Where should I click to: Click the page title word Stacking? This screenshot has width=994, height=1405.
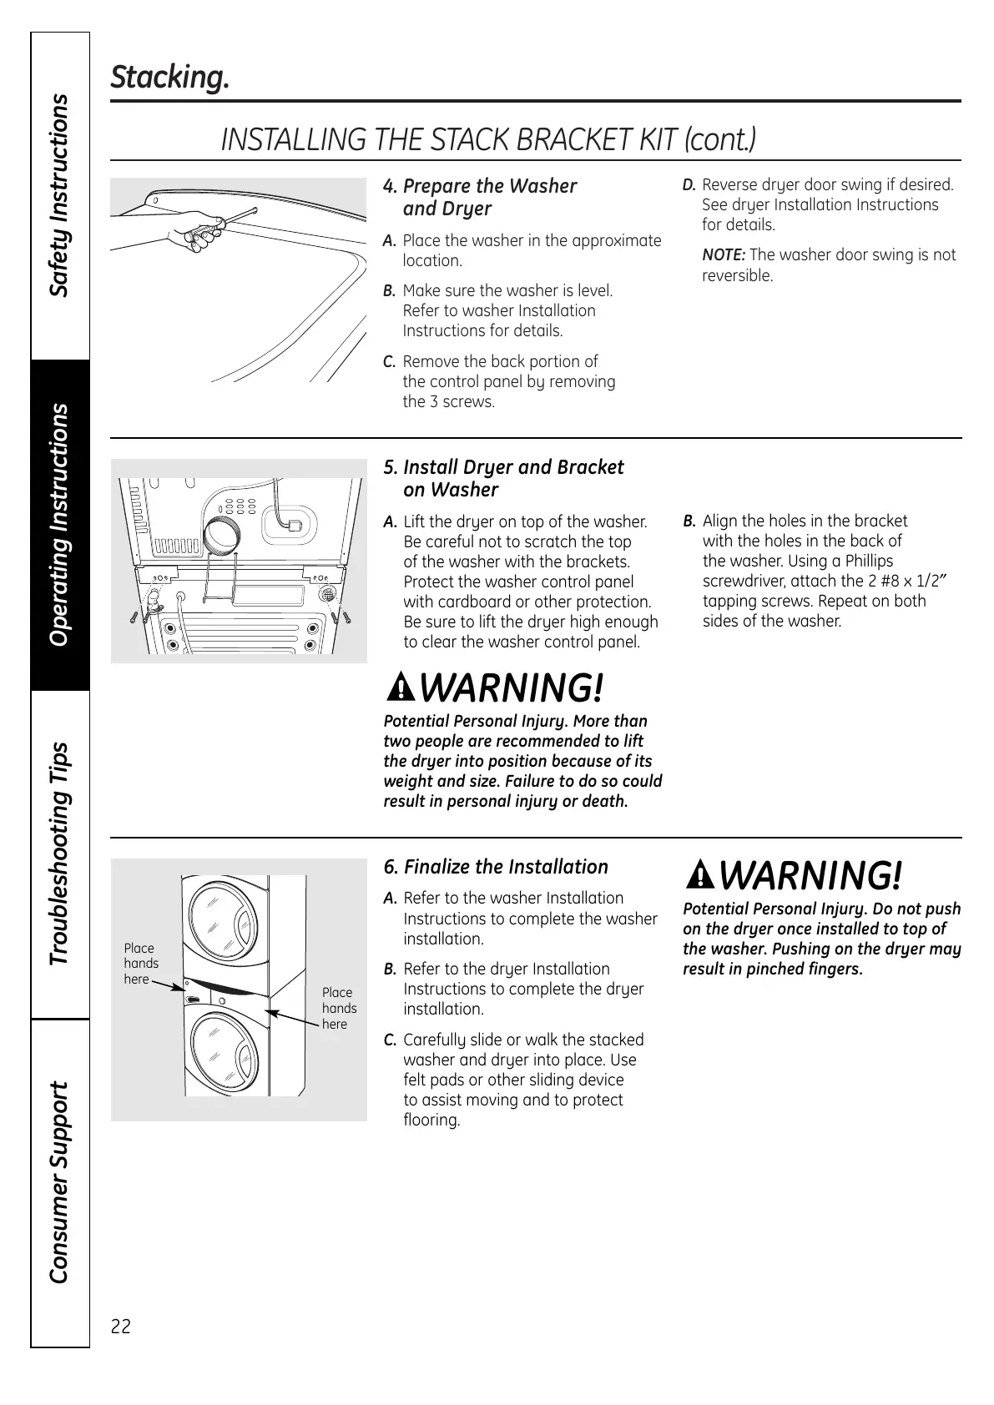pyautogui.click(x=169, y=78)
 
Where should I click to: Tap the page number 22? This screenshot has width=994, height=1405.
pyautogui.click(x=121, y=1326)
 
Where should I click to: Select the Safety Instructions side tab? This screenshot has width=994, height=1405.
pyautogui.click(x=59, y=195)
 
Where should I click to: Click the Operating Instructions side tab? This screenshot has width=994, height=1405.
pyautogui.click(x=59, y=525)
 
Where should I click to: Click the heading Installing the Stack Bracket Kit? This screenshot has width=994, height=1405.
pyautogui.click(x=488, y=139)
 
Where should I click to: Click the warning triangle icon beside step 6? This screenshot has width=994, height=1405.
pyautogui.click(x=701, y=876)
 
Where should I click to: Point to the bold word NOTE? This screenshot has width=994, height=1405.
pyautogui.click(x=723, y=255)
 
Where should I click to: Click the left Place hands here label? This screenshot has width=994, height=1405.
pyautogui.click(x=141, y=964)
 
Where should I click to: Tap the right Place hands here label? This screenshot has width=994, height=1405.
pyautogui.click(x=339, y=1008)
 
